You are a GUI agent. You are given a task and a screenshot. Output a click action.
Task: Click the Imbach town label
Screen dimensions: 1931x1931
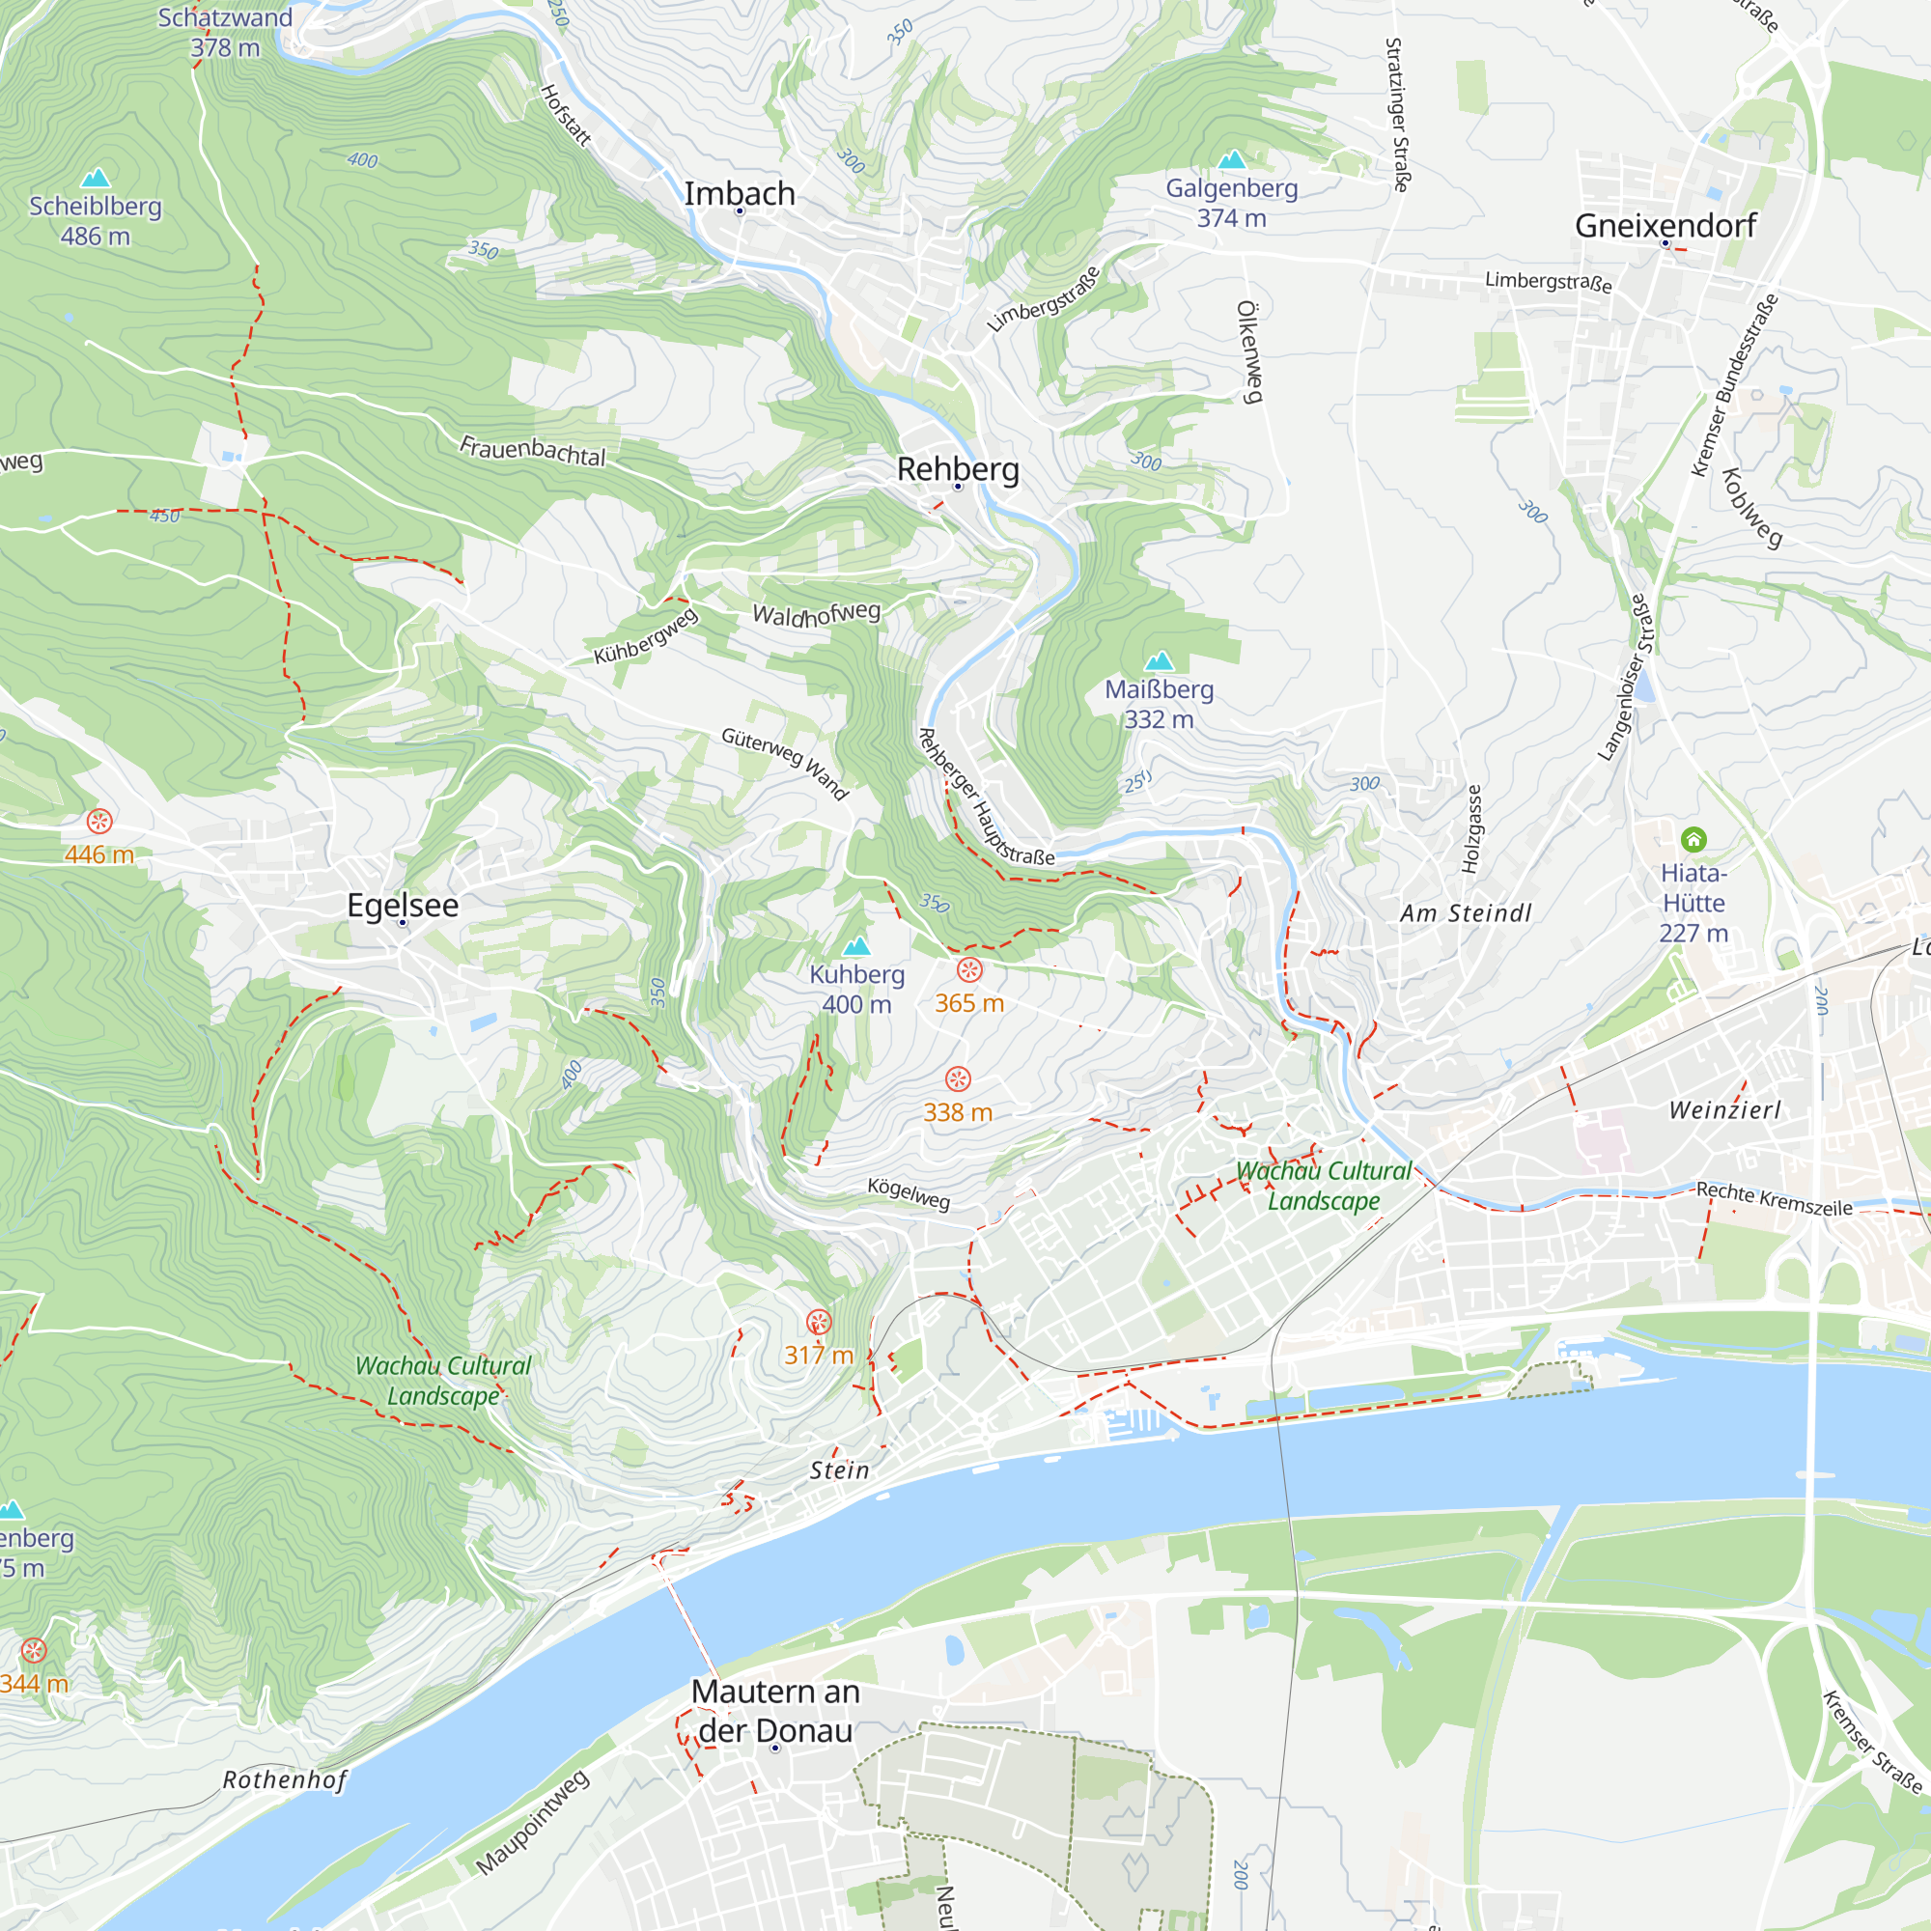739,193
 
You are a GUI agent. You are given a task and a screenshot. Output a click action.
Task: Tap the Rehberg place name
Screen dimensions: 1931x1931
958,469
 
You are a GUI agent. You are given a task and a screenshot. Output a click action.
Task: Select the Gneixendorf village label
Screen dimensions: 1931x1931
1665,226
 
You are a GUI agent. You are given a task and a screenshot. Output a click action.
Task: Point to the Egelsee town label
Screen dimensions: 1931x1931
403,905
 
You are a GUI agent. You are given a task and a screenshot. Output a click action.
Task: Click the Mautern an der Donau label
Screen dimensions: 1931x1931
774,1711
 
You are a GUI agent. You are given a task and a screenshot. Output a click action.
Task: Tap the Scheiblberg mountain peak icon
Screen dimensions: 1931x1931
95,178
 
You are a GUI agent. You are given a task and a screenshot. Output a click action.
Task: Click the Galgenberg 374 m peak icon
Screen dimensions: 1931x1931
1231,160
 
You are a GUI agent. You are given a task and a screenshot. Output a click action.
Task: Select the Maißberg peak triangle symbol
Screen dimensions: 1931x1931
1159,660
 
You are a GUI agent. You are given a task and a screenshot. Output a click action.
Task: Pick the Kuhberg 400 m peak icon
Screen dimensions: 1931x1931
856,945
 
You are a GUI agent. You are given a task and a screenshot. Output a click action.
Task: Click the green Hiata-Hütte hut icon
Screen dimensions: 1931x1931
1693,839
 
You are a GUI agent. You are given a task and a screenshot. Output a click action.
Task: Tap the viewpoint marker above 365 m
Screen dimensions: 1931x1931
968,969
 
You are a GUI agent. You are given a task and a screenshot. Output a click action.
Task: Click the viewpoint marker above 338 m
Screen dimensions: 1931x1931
958,1078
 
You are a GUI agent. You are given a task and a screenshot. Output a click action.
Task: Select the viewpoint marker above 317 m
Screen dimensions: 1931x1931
819,1323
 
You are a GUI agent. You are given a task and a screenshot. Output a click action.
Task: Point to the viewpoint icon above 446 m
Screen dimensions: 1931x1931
98,822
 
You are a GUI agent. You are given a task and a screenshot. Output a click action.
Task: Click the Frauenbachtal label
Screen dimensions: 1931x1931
532,451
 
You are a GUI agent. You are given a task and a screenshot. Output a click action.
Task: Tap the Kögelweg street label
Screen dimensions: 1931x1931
908,1192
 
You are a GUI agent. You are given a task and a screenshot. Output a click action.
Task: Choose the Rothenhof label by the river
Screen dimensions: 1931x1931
285,1780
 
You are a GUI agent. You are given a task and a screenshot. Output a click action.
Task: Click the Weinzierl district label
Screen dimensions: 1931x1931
1725,1109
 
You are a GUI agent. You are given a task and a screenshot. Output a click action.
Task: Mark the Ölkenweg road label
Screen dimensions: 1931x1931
1249,351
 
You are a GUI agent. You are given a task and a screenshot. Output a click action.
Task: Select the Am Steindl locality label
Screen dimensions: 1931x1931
1466,912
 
